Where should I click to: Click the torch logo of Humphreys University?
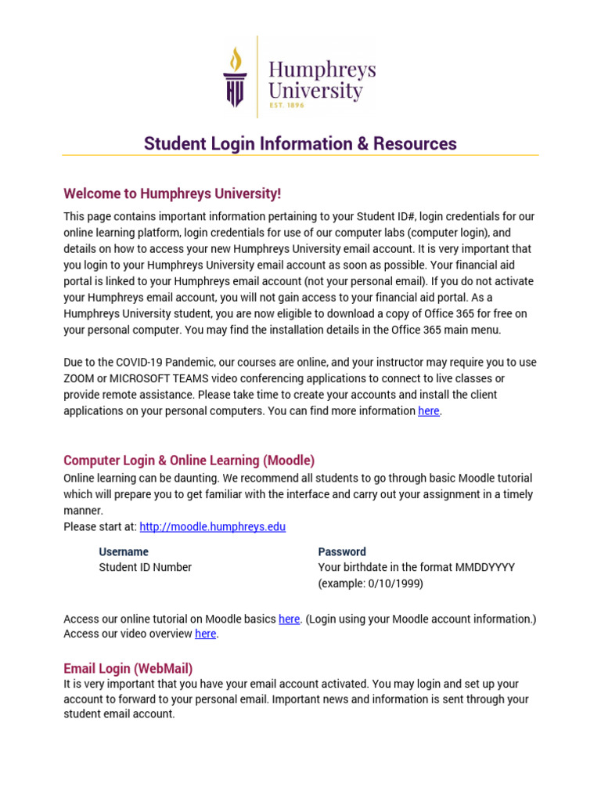(235, 77)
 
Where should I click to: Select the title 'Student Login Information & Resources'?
(300, 144)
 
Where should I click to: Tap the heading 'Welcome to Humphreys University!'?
(172, 193)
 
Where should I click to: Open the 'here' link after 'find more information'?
(429, 411)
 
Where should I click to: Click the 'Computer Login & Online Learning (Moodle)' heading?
(189, 461)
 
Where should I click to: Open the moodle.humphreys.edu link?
(212, 527)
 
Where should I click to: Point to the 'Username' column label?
(124, 552)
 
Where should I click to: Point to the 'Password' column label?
(342, 552)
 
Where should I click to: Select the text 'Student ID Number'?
(146, 568)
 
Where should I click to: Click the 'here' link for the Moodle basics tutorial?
(289, 620)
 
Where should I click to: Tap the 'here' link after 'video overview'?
(205, 634)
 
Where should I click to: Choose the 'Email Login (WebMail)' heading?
(128, 669)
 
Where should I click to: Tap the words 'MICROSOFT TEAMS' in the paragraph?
(139, 379)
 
